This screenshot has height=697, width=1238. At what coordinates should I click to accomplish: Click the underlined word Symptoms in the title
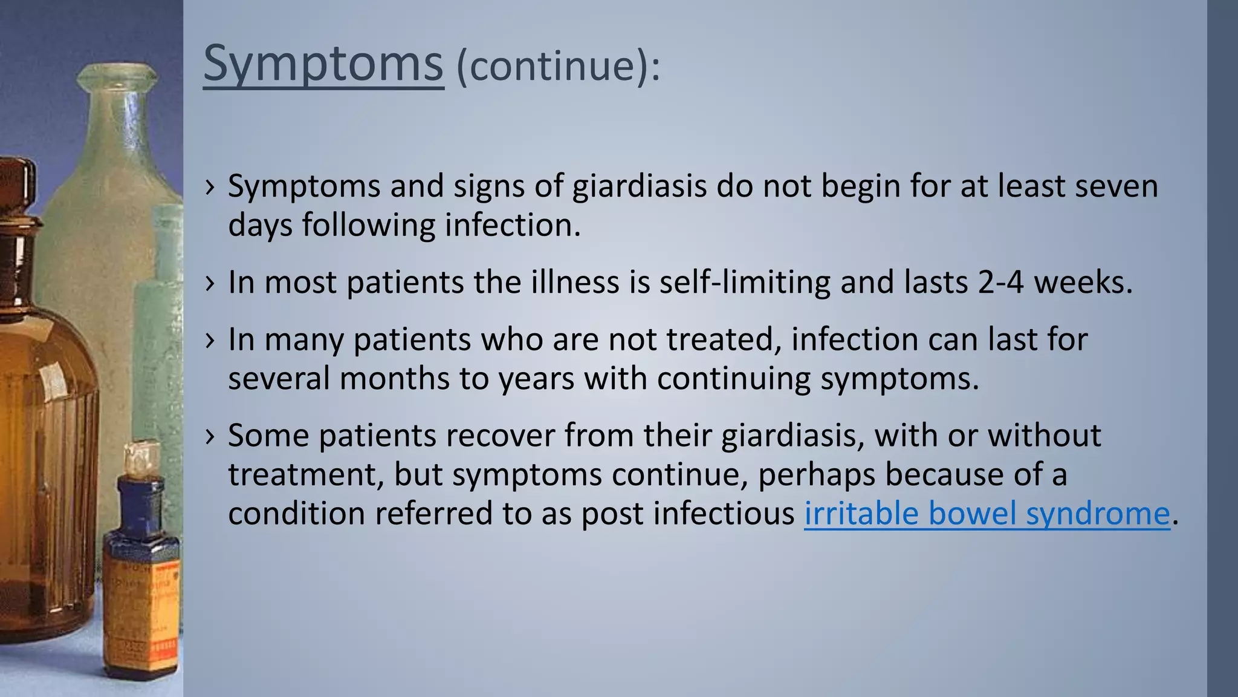tap(323, 64)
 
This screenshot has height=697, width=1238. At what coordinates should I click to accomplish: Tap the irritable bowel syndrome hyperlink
tap(987, 514)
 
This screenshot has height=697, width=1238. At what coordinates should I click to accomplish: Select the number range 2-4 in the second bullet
tap(1000, 282)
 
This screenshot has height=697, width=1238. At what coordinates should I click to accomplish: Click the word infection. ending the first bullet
tap(513, 224)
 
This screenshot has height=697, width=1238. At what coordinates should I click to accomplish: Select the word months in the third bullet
tap(394, 378)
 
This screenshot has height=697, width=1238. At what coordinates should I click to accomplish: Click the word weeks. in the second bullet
tap(1083, 282)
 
